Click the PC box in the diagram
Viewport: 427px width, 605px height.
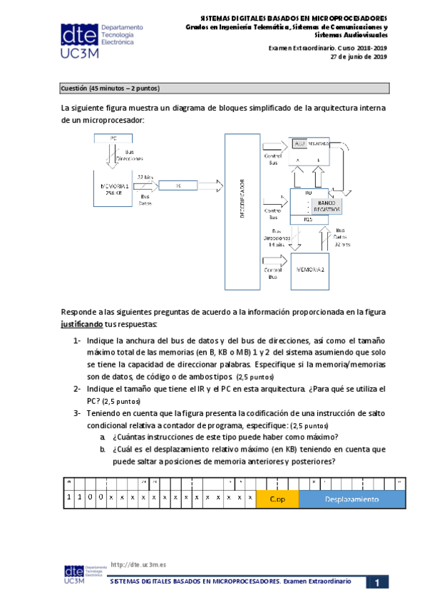pos(111,138)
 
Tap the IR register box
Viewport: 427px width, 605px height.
pos(179,185)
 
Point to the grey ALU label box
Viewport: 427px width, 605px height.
pos(299,143)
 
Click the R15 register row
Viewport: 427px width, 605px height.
pos(308,220)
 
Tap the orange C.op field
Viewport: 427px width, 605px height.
pos(277,499)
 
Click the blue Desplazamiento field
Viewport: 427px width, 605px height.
pos(353,499)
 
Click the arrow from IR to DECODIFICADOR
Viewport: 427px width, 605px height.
pos(212,185)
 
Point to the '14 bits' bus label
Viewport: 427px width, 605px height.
pos(277,243)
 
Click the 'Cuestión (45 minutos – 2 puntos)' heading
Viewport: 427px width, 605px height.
pos(110,88)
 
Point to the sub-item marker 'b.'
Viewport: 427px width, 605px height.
pos(104,449)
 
